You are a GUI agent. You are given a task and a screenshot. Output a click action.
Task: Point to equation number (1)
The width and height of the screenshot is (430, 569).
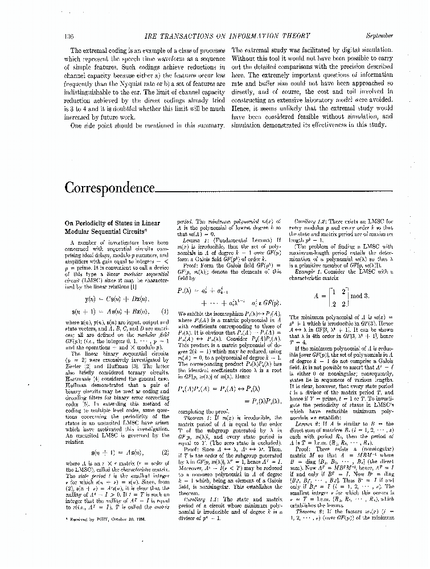(x=165, y=311)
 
